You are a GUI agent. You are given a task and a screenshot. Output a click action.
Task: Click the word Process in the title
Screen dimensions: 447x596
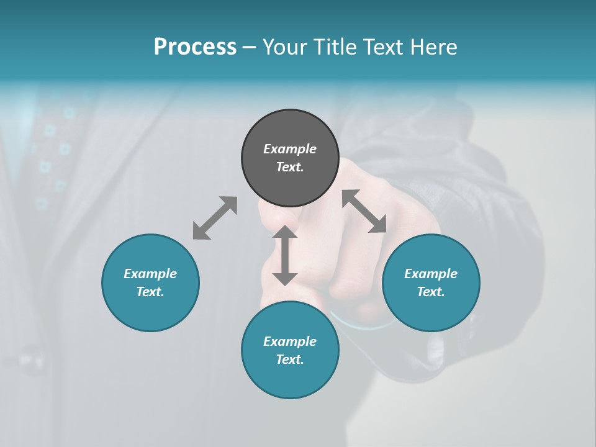[195, 47]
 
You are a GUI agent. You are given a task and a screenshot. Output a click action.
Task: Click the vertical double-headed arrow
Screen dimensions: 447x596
[285, 255]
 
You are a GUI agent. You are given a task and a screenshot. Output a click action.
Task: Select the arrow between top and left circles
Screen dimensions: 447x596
[215, 218]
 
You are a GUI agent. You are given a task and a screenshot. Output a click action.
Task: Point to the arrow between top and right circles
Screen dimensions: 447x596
[364, 211]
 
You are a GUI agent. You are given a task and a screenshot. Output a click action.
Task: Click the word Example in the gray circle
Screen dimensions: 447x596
[290, 149]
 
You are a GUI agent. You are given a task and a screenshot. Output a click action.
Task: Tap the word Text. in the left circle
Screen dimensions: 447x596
[150, 292]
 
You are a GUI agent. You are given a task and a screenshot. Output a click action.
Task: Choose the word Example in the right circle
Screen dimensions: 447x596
[431, 274]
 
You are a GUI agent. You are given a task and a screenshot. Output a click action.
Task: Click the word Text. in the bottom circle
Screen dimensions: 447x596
[290, 359]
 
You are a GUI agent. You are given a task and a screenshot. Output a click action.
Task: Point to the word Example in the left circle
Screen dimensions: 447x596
[150, 274]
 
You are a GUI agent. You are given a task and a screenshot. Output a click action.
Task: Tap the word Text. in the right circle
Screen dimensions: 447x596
[431, 292]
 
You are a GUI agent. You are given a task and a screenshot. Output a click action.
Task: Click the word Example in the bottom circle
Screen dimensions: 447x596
[290, 341]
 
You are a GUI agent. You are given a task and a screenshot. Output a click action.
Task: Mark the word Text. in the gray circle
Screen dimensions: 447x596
[290, 167]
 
